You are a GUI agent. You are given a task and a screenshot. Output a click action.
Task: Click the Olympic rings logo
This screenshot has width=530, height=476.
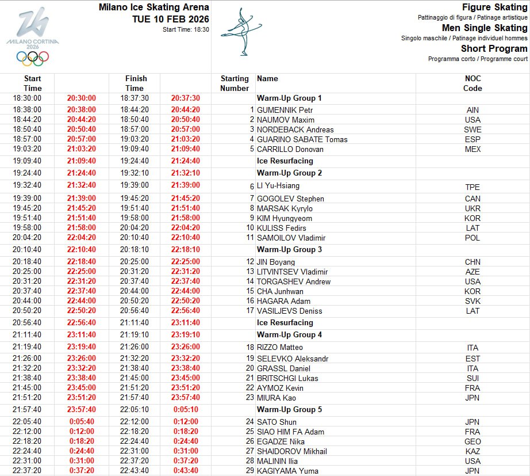(33, 58)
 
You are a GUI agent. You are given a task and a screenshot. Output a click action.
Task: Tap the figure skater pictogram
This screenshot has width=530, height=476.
(242, 31)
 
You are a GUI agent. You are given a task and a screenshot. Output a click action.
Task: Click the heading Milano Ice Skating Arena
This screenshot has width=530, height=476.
(153, 7)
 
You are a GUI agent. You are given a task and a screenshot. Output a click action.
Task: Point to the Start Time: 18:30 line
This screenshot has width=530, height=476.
(186, 29)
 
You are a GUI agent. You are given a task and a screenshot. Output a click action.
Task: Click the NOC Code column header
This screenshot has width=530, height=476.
(473, 83)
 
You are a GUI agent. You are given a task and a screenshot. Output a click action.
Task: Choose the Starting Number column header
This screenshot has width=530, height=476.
(235, 83)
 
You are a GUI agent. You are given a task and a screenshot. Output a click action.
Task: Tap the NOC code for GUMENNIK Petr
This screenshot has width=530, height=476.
(473, 110)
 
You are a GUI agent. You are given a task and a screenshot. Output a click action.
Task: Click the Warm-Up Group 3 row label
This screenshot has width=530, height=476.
(289, 249)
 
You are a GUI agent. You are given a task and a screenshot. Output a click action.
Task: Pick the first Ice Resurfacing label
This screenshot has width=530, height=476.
(285, 161)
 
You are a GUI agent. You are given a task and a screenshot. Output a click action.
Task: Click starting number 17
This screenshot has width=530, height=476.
(249, 311)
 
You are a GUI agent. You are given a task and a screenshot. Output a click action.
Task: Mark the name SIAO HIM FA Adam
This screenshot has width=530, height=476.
(290, 432)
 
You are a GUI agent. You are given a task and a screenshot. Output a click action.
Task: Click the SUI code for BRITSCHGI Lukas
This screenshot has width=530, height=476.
(473, 378)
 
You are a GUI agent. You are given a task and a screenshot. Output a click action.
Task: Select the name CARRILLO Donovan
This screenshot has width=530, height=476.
(290, 149)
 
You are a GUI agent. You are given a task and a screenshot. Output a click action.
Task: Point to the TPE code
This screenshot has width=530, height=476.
(473, 187)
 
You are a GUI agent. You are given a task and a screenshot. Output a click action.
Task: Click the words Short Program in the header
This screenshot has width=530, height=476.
(494, 48)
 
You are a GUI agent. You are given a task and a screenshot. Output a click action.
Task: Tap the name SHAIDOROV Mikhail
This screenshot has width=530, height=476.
(291, 451)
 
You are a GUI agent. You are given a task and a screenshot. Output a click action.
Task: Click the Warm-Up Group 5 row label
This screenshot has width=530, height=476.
(289, 409)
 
